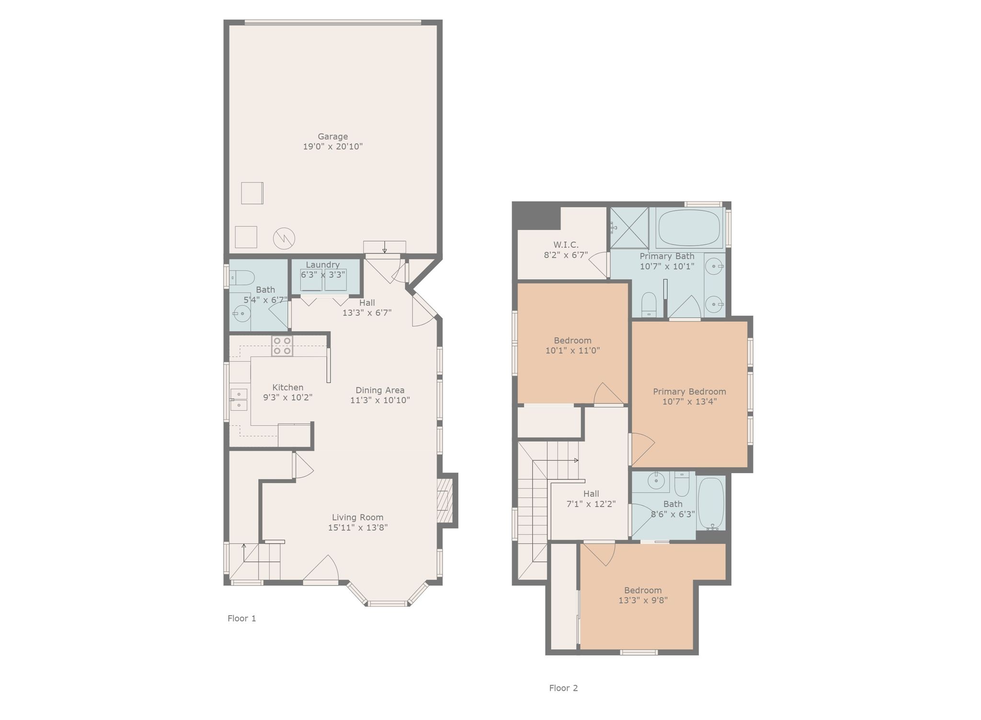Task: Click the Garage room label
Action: [333, 136]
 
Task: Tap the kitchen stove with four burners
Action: [282, 346]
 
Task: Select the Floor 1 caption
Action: [242, 618]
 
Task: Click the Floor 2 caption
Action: [563, 688]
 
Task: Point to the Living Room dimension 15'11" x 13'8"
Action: [358, 528]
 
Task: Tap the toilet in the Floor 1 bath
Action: [241, 277]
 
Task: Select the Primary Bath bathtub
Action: [689, 229]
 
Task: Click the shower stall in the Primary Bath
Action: [629, 228]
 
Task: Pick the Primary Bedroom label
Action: [689, 392]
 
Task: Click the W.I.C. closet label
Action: [566, 245]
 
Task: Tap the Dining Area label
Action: [380, 390]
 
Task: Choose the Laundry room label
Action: [323, 265]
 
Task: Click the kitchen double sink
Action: [239, 400]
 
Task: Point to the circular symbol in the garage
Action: [284, 238]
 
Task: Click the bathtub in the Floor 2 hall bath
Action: [711, 503]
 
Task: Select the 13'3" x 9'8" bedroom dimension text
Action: [643, 600]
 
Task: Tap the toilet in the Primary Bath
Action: [649, 304]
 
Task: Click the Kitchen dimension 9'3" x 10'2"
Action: [288, 397]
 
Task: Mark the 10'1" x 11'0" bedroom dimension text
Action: [572, 350]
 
